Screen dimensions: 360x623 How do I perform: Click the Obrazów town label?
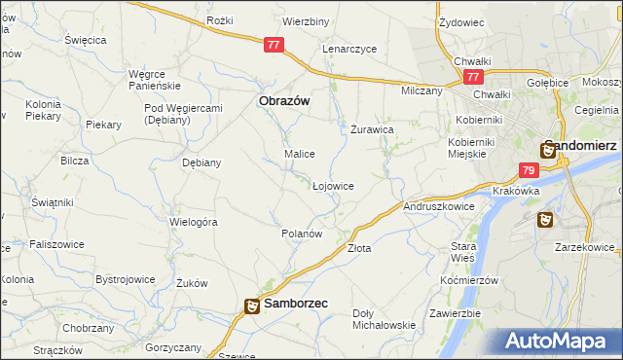pos(283,100)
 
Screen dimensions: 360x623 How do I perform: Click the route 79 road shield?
pos(528,170)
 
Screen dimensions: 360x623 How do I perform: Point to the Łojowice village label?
pos(333,185)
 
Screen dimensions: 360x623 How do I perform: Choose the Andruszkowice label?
pos(438,206)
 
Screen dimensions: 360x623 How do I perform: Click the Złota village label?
pos(359,248)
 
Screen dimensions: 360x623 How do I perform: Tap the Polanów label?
pos(301,234)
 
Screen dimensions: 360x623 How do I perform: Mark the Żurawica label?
pos(372,128)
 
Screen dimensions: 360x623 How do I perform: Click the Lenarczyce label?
pos(355,49)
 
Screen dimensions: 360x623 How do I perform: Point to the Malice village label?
pos(299,154)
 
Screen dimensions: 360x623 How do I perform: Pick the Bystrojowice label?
pos(125,279)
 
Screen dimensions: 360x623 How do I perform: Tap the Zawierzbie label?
pos(457,313)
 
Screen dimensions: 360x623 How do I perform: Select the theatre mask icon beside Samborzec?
pos(251,306)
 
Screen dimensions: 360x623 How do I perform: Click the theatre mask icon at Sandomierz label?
pos(549,150)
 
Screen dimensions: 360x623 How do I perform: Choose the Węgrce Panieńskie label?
pos(155,78)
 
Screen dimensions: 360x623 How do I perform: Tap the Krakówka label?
pos(516,191)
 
